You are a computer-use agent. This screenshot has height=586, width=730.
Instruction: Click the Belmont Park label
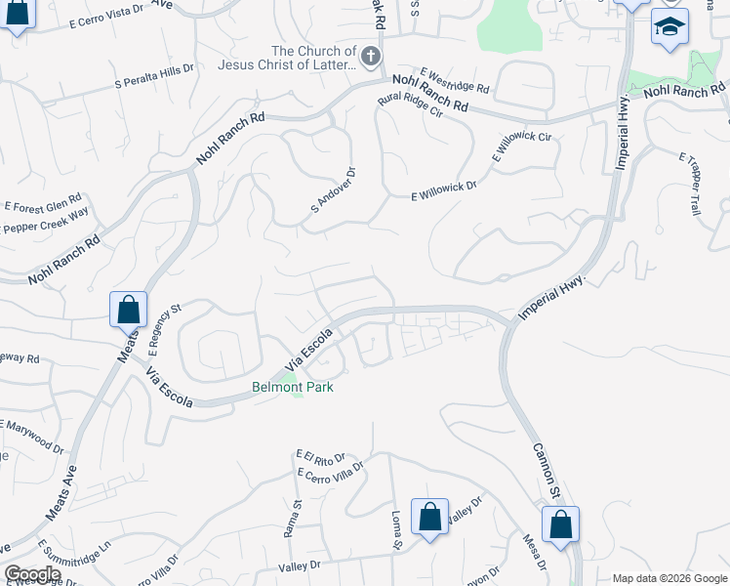tap(293, 388)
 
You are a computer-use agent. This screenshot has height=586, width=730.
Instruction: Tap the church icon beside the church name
tap(370, 58)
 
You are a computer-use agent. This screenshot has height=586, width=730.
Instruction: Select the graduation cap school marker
tap(669, 27)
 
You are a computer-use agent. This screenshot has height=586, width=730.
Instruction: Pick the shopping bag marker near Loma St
tap(429, 518)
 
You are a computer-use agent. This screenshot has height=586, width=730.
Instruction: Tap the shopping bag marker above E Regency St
tap(128, 310)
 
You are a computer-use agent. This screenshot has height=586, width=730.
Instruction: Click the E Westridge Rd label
tap(455, 81)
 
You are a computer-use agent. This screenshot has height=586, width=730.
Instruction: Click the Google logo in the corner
tap(31, 574)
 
